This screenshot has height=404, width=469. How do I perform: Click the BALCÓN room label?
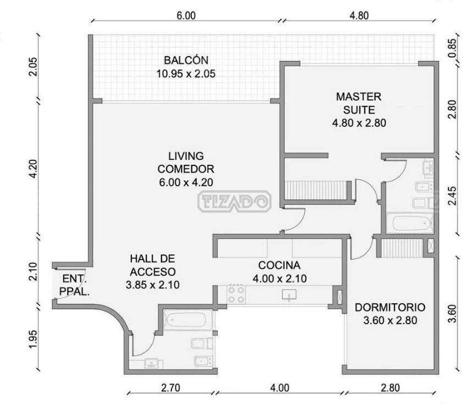[186, 60]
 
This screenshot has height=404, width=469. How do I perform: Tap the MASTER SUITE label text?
[358, 103]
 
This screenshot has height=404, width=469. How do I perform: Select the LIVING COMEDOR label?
[186, 162]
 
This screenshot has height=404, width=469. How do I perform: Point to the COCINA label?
[279, 265]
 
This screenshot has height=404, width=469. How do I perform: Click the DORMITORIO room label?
[390, 307]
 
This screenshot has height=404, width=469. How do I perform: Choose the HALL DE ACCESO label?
[152, 265]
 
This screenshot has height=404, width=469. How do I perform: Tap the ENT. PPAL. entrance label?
[74, 285]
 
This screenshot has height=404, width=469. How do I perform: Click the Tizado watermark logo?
[234, 201]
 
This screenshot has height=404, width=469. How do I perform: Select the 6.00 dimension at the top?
[186, 15]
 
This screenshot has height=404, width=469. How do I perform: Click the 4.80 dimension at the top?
[359, 15]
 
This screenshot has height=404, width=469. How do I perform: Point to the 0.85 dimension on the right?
[453, 48]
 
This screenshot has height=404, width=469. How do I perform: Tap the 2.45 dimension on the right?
[453, 196]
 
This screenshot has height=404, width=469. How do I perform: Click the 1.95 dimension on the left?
[33, 339]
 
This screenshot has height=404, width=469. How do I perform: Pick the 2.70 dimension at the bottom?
[171, 388]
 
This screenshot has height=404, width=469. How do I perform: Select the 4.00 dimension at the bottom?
[280, 388]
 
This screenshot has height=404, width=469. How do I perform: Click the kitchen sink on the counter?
[289, 295]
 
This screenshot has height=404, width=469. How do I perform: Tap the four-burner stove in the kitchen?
[236, 295]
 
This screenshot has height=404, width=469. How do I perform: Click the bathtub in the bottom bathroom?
[186, 320]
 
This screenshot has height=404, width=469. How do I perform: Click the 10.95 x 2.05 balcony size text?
[186, 74]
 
